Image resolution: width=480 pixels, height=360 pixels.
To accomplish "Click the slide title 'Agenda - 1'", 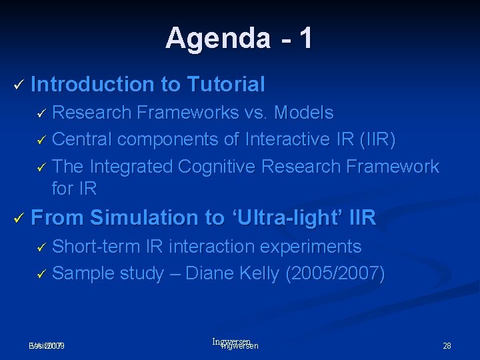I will point(239,38).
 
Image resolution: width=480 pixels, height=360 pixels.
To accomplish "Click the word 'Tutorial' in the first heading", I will point(226,85).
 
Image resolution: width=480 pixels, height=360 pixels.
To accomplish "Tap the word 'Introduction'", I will point(92,85).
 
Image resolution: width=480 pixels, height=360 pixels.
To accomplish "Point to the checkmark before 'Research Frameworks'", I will point(41,113).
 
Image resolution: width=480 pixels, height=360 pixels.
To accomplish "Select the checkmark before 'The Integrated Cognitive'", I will point(41,167).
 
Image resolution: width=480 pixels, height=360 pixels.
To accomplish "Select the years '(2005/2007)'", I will point(335,273).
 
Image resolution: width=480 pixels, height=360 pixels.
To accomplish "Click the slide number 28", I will point(447,346).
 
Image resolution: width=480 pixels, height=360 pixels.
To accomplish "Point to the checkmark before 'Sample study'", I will point(41,274).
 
